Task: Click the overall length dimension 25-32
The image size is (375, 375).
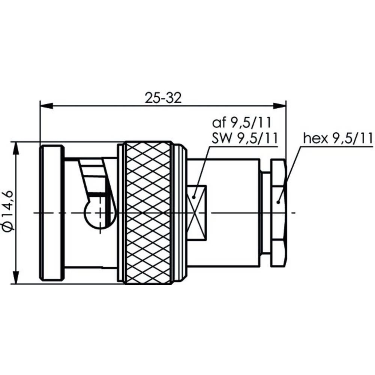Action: (163, 98)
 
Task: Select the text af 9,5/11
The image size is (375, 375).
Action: (242, 123)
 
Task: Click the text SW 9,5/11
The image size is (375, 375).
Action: (244, 138)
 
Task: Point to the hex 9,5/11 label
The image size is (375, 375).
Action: (338, 138)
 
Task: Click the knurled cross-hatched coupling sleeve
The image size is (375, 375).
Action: (148, 213)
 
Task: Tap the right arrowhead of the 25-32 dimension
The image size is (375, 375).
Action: (280, 105)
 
